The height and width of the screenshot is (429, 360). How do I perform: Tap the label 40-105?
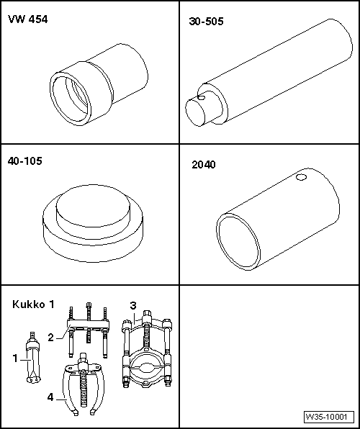point(26,161)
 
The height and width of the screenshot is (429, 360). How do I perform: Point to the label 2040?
point(204,164)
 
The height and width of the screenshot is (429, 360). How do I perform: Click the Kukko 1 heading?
point(33,304)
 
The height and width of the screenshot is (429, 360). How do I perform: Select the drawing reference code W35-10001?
point(328,417)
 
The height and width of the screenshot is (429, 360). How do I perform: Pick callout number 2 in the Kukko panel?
point(50,336)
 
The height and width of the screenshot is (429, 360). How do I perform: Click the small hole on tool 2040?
point(301,177)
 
